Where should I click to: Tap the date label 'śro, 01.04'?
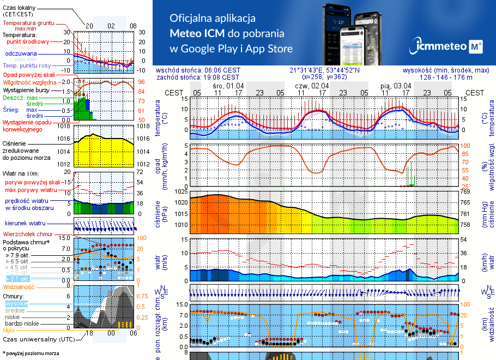[228, 86]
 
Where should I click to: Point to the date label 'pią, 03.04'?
[396, 86]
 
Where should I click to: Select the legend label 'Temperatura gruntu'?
[28, 23]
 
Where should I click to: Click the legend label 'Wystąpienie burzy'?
[25, 89]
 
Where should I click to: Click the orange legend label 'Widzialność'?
[19, 286]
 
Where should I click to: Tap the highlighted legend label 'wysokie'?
[16, 303]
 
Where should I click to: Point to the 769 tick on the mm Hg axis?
[465, 192]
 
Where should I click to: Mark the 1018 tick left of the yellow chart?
[64, 126]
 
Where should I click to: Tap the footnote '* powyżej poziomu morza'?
[31, 353]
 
